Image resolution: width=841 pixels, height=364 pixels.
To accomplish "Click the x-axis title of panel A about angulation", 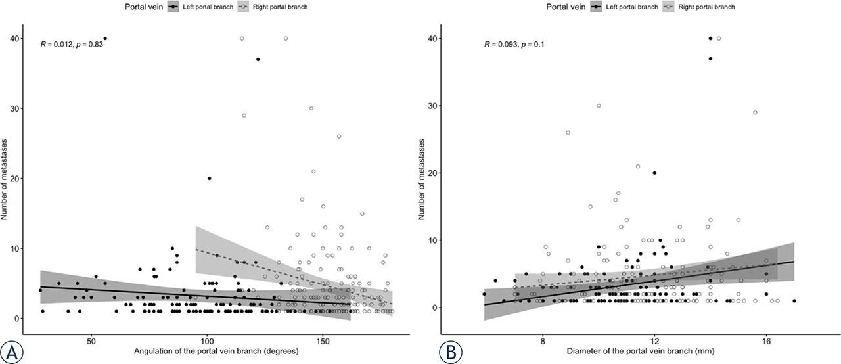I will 216,350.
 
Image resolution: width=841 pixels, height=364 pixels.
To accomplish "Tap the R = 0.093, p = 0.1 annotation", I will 514,44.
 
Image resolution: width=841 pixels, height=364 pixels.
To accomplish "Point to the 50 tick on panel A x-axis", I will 91,342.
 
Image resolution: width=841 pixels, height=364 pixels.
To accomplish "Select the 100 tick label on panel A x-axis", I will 207,342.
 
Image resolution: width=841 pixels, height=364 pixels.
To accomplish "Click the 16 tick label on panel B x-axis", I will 766,342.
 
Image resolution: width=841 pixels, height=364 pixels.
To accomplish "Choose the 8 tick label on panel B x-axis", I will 543,342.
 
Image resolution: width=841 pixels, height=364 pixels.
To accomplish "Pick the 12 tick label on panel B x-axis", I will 654,342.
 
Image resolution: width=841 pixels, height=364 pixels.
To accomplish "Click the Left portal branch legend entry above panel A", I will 200,7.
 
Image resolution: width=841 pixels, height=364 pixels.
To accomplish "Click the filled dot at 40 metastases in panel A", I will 105,39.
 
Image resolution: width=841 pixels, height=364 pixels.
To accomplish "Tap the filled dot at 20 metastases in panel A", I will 209,178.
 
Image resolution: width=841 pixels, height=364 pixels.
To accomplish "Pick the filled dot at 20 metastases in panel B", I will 654,173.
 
